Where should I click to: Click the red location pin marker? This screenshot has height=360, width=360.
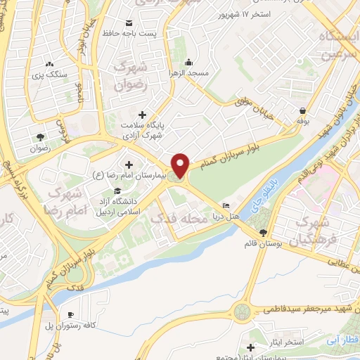(x=181, y=165)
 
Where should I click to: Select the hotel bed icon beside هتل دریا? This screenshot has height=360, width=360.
(x=225, y=206)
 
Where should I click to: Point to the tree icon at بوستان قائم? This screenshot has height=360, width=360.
(x=262, y=233)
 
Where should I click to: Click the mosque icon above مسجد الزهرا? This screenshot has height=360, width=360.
(x=190, y=61)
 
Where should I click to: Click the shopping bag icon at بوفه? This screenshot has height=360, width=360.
(x=302, y=110)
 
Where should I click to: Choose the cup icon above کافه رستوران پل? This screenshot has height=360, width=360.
(x=70, y=315)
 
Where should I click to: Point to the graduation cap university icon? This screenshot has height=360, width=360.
(x=117, y=191)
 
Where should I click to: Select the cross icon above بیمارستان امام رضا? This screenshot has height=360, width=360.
(x=129, y=165)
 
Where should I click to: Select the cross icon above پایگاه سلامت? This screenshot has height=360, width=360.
(x=142, y=114)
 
